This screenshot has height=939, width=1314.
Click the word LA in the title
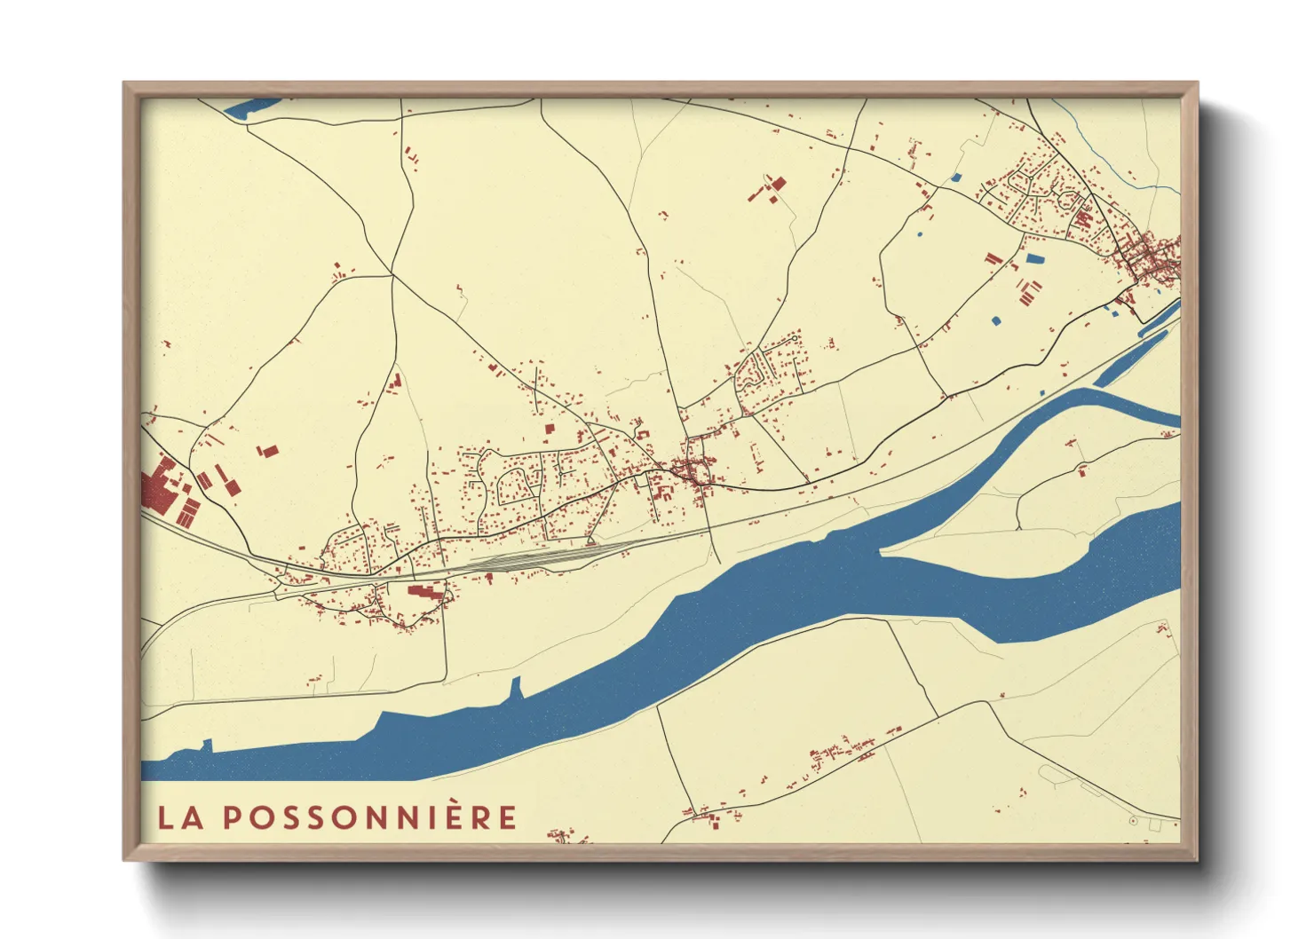[x=180, y=817]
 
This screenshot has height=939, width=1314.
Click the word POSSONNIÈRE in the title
[x=368, y=817]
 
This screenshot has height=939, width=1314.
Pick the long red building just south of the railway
[x=425, y=592]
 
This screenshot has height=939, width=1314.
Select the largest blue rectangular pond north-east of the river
[x=1034, y=259]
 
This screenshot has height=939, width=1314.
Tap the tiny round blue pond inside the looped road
[x=918, y=234]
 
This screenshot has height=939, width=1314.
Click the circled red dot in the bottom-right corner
[x=1133, y=822]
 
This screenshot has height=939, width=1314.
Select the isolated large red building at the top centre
[x=777, y=185]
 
